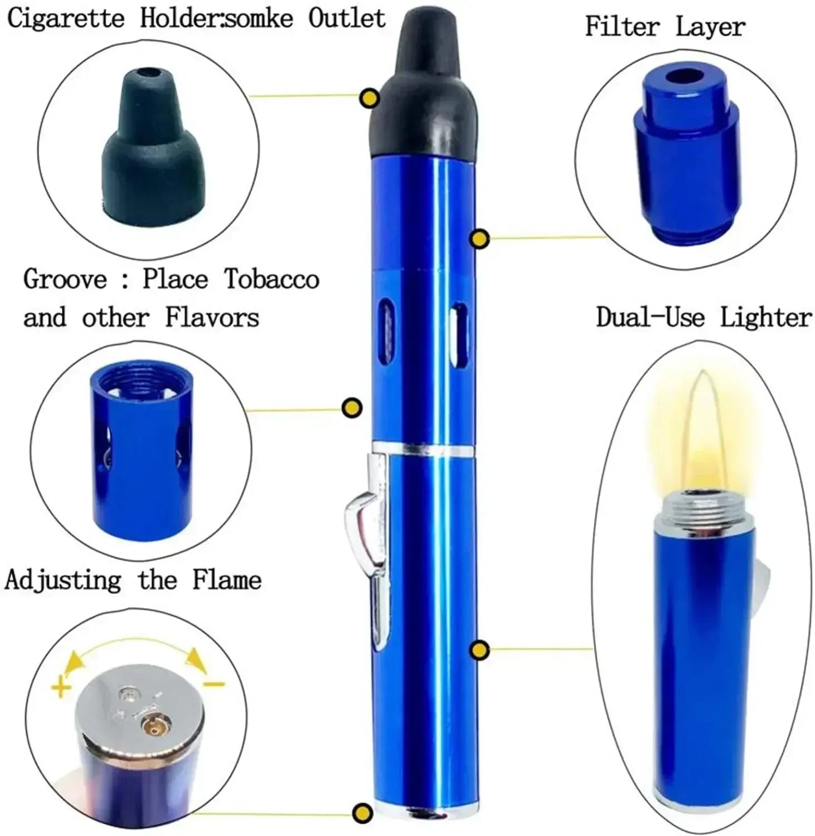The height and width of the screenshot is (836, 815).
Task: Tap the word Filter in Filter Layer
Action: (x=622, y=26)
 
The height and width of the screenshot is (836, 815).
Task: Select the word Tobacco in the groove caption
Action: (x=271, y=279)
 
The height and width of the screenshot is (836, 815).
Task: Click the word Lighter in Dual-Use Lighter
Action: (x=765, y=317)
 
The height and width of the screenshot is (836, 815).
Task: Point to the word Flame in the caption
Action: (x=227, y=580)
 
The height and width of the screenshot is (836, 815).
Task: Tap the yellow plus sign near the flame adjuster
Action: (x=61, y=687)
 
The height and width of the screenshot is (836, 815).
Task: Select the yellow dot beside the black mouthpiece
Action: (x=370, y=99)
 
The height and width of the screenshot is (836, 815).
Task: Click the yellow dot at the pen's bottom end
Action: (x=363, y=812)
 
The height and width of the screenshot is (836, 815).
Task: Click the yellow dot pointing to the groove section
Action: (x=352, y=408)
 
